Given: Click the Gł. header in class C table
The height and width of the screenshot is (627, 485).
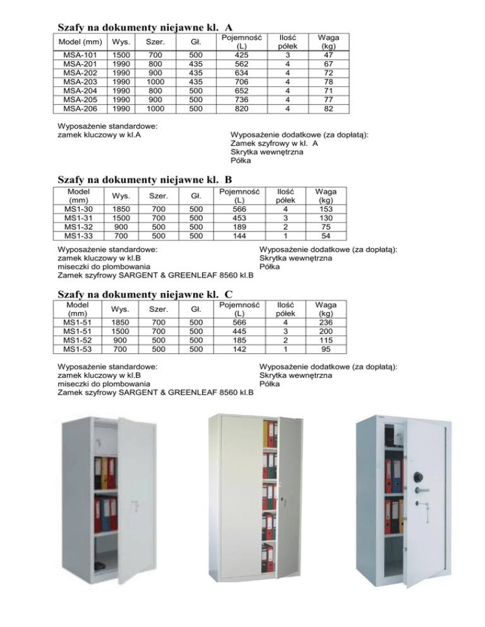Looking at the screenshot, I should (196, 309).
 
